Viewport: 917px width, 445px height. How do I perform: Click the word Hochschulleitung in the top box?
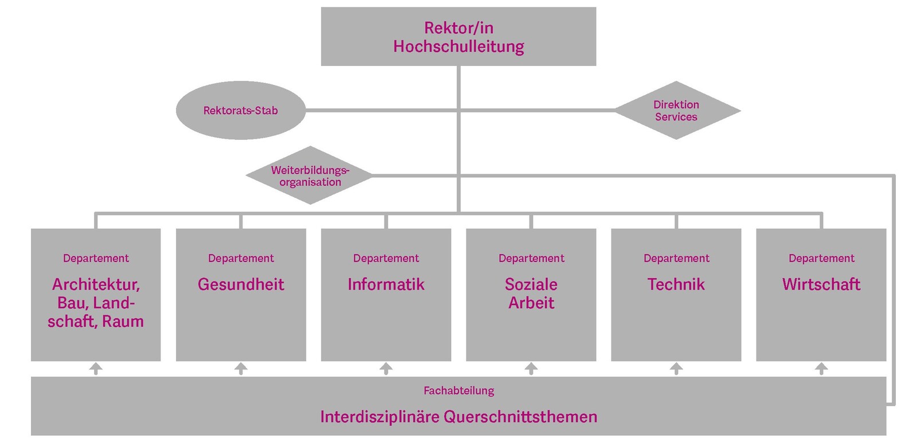(x=458, y=46)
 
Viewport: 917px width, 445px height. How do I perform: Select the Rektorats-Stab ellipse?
(x=241, y=111)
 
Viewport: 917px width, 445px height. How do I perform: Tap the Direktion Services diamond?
(x=676, y=111)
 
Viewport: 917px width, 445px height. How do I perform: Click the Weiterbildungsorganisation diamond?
(x=310, y=176)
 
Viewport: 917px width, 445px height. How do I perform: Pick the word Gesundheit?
(x=241, y=284)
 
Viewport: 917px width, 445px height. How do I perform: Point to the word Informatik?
(x=386, y=284)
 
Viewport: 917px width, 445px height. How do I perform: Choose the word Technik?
(x=676, y=284)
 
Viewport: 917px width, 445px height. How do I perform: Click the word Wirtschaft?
(x=821, y=284)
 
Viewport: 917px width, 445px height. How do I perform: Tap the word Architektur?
(x=96, y=284)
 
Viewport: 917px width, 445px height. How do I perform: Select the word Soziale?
(x=531, y=284)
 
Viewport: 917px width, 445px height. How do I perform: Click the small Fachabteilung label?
(x=458, y=391)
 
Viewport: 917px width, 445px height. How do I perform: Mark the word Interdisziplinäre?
(x=379, y=417)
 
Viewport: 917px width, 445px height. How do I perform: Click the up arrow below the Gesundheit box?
(x=241, y=368)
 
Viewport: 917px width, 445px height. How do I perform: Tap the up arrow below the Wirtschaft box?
(x=821, y=368)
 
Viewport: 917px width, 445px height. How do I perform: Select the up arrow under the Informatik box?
(x=386, y=368)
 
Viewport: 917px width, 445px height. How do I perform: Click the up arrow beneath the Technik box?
(x=676, y=368)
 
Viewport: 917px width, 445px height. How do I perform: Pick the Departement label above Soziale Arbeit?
(x=531, y=259)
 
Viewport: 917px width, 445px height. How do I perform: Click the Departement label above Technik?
(x=676, y=259)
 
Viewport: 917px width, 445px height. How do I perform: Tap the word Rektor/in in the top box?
(x=458, y=28)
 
